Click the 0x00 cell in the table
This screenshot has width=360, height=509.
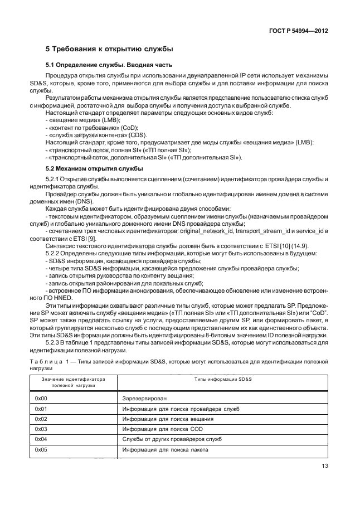41,399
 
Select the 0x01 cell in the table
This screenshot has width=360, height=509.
41,409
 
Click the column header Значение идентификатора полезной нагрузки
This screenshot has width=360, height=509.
74,382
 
